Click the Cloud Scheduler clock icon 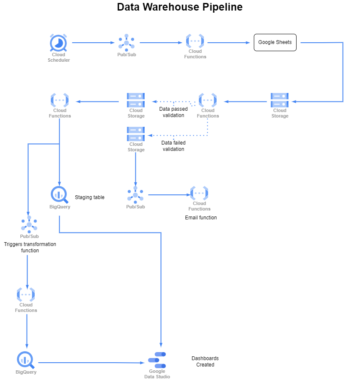(x=58, y=43)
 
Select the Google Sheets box (x=275, y=42)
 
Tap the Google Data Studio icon (x=157, y=360)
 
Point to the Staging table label (x=90, y=197)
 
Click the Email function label (x=201, y=218)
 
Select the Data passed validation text (x=173, y=112)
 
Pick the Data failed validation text (x=173, y=146)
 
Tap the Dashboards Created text (x=205, y=361)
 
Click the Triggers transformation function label (x=30, y=247)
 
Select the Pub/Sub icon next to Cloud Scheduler (x=126, y=42)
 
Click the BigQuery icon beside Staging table (x=59, y=194)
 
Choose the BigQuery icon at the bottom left (x=26, y=360)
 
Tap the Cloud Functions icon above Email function (x=199, y=193)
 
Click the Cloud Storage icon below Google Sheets (x=280, y=100)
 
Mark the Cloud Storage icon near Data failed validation (x=136, y=134)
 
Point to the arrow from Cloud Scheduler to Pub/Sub (x=93, y=43)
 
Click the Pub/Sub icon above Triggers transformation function (x=29, y=224)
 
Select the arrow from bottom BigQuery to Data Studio (x=91, y=363)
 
